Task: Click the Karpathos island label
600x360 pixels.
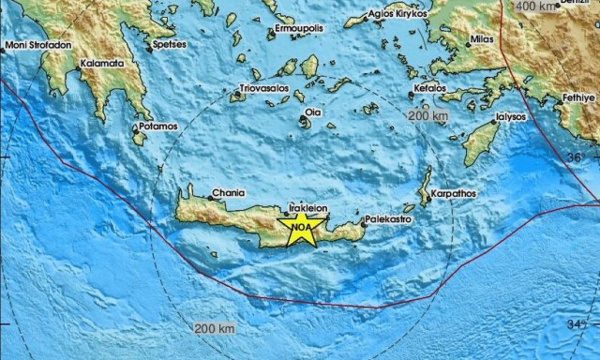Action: click(x=454, y=195)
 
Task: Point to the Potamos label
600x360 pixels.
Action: click(x=157, y=126)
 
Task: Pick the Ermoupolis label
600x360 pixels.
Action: click(x=299, y=28)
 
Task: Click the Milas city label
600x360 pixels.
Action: click(x=483, y=40)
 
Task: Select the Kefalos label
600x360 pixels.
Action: click(x=430, y=90)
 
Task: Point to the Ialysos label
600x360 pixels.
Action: click(x=511, y=119)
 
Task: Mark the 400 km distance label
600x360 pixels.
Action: click(x=536, y=7)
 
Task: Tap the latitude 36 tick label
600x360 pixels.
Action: click(x=577, y=157)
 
